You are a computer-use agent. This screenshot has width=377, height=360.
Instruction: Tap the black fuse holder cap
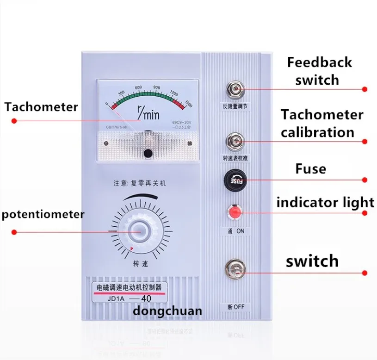[x=235, y=178]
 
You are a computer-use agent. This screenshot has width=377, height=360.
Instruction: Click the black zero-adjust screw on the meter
[x=148, y=153]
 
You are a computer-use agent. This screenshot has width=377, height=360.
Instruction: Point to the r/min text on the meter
[x=148, y=112]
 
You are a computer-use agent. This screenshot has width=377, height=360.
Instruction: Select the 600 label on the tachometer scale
[x=138, y=88]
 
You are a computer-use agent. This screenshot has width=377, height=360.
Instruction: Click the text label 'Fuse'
[x=310, y=169]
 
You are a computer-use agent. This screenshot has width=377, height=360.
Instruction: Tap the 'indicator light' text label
[x=325, y=202]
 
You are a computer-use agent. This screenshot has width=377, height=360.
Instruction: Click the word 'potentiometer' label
[x=43, y=215]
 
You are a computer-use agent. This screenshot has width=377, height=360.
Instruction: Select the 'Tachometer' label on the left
[x=41, y=107]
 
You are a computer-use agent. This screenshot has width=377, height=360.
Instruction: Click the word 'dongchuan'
[x=167, y=310]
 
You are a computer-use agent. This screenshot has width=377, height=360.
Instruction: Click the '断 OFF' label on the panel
[x=235, y=307]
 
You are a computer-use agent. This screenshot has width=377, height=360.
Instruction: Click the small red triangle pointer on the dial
[x=132, y=249]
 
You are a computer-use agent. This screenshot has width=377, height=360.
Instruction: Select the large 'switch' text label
[x=312, y=261]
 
